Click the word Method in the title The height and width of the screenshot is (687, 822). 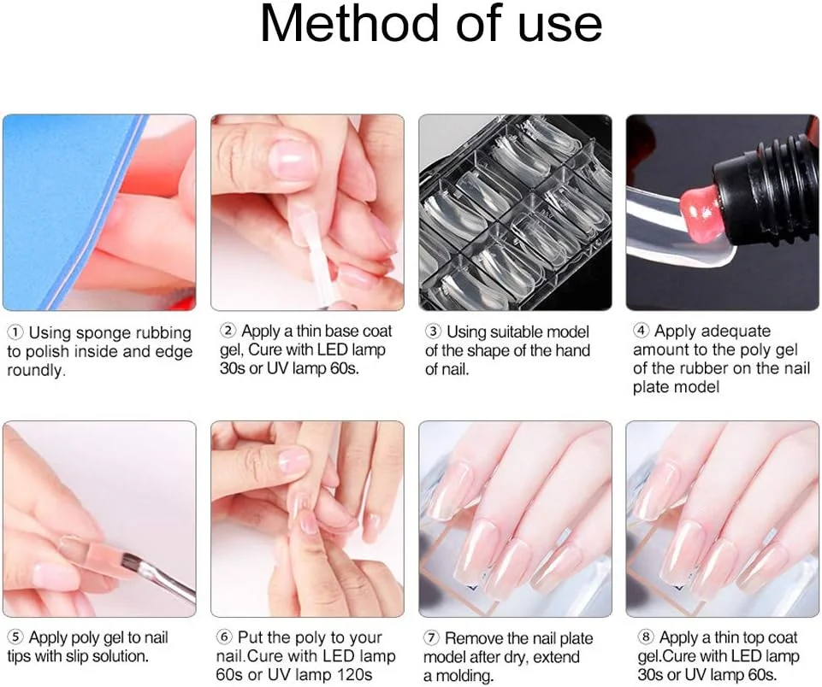[x=349, y=24]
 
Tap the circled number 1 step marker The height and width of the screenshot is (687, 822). [x=15, y=332]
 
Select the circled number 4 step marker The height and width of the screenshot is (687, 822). [x=641, y=331]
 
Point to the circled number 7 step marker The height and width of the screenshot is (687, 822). [x=431, y=637]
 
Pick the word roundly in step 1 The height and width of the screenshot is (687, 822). [x=36, y=371]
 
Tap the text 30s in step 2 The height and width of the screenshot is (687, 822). [x=233, y=368]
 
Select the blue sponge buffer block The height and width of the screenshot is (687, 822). [x=57, y=209]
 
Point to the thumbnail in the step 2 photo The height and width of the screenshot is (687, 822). [x=292, y=159]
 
